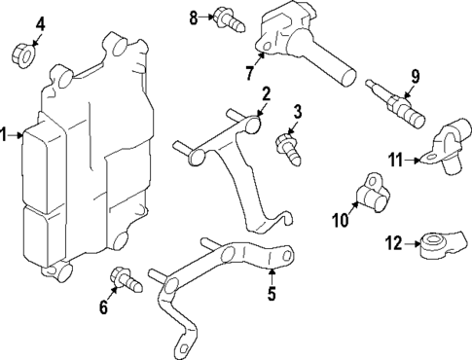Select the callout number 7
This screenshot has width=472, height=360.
pyautogui.click(x=252, y=72)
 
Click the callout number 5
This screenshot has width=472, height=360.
pyautogui.click(x=272, y=291)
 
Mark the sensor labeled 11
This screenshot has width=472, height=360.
pyautogui.click(x=447, y=147)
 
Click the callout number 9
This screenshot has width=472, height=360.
pyautogui.click(x=415, y=75)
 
